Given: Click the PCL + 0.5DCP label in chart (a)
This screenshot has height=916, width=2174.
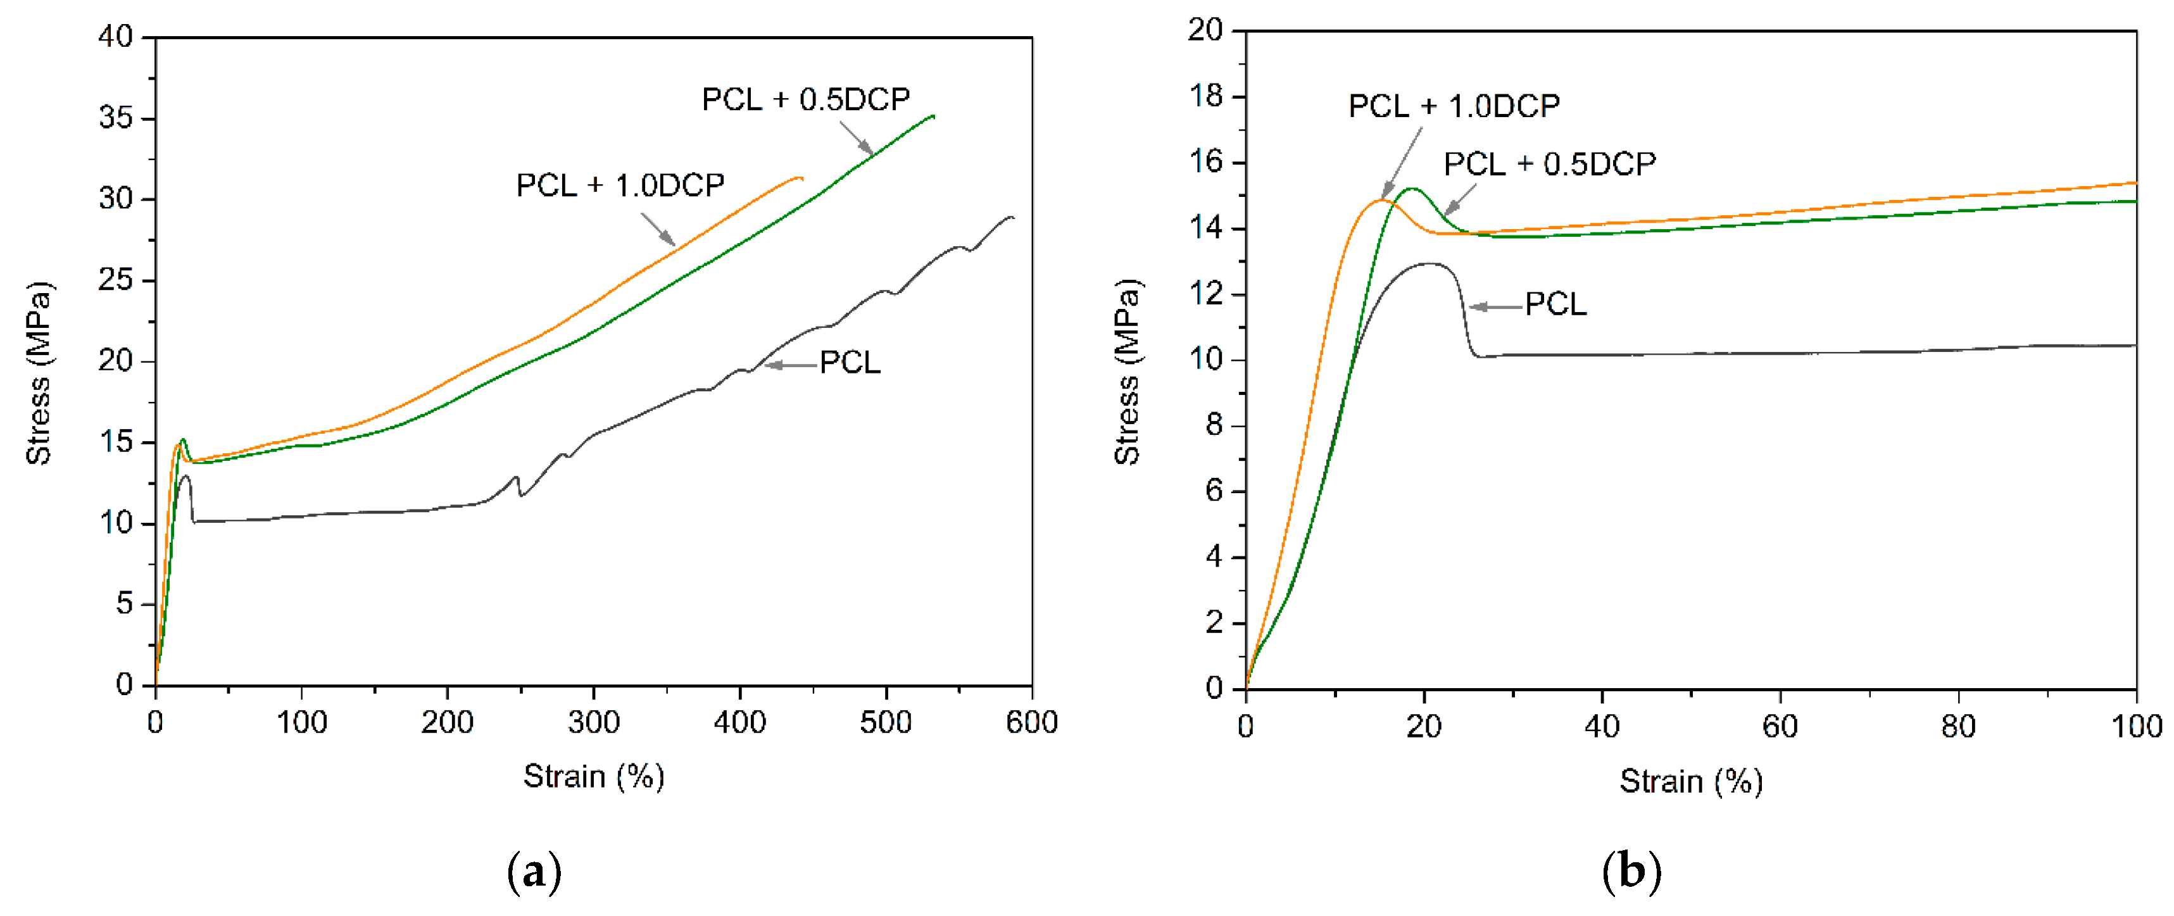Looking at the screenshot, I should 805,99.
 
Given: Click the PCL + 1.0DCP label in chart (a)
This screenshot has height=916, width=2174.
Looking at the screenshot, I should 620,185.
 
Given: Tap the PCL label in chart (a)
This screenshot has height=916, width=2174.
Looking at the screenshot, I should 849,363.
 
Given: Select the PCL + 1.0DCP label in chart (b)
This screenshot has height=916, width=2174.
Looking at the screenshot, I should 1454,106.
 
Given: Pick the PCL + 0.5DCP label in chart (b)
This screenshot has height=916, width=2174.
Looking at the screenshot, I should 1550,164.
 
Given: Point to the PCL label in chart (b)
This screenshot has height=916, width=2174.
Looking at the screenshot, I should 1555,304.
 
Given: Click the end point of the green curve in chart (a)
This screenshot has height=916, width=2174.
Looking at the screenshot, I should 933,116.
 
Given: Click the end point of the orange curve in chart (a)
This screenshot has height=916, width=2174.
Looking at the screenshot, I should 801,177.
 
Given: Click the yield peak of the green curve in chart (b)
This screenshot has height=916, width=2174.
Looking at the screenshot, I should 1411,188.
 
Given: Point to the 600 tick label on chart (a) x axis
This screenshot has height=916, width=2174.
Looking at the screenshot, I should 1031,723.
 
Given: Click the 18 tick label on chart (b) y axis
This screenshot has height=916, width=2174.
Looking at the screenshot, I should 1205,96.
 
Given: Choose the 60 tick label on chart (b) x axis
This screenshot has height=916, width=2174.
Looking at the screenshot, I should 1780,727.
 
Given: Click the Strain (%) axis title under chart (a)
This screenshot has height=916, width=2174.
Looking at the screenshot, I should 593,776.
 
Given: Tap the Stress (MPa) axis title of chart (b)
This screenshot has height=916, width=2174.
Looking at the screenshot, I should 1128,372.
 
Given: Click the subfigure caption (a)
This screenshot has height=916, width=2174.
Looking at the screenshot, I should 534,872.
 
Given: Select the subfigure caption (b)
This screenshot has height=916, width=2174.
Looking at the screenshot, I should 1631,872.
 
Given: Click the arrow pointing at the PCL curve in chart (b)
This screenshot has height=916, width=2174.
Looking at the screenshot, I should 1495,306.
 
